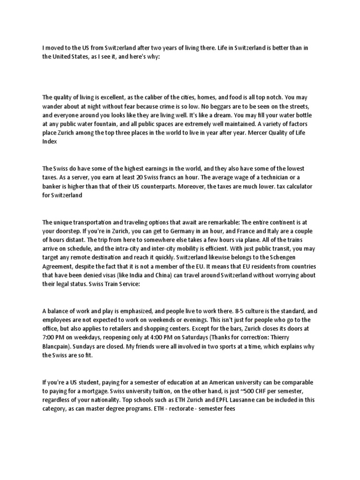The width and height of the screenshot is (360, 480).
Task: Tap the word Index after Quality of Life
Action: (x=50, y=142)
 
